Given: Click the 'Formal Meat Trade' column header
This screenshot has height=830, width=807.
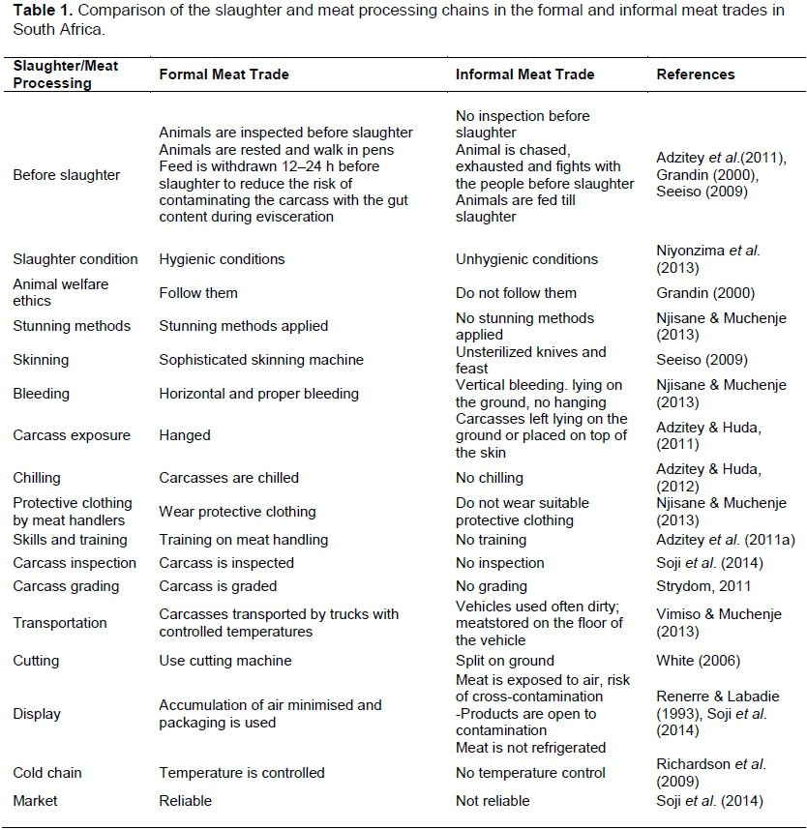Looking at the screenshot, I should (x=224, y=74).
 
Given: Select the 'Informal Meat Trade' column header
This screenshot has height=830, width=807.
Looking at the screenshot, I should (x=524, y=74).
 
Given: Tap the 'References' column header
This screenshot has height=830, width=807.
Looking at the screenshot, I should (x=695, y=74).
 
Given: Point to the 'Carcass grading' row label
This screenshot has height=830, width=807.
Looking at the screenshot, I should (x=66, y=586).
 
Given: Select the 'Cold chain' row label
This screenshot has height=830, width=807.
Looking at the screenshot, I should (x=47, y=773).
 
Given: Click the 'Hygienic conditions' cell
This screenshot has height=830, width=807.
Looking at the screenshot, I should (x=222, y=259).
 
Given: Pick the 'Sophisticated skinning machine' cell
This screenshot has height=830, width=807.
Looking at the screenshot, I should (x=261, y=360).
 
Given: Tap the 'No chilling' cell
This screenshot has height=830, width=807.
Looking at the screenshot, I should (x=489, y=478).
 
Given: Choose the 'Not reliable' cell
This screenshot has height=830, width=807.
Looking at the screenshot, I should (x=493, y=801).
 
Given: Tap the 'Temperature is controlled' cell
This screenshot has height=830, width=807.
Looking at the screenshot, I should (x=242, y=773).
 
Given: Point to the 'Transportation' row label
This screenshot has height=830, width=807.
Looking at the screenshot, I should (x=60, y=623).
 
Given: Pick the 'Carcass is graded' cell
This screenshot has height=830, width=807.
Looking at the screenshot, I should (x=218, y=586).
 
